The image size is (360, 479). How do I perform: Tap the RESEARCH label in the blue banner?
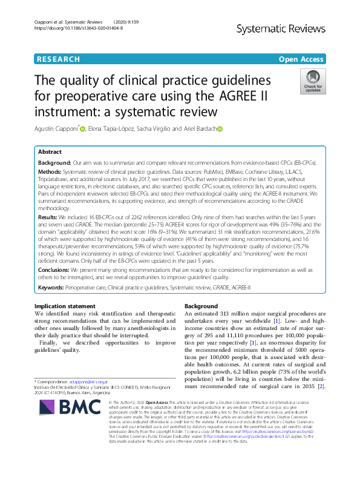(58, 59)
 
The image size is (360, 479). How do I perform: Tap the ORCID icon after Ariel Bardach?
(220, 128)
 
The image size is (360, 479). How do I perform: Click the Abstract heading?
(50, 153)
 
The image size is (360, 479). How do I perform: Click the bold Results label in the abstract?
(49, 215)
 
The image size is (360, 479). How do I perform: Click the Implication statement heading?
(65, 306)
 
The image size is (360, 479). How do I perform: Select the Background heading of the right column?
(201, 306)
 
